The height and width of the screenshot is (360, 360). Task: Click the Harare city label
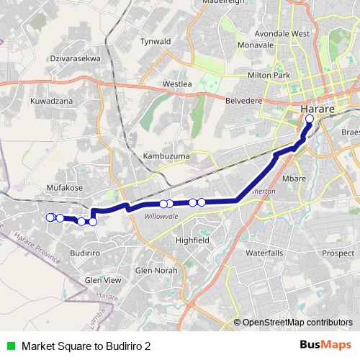coord(315,108)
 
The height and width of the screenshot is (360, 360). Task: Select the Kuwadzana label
coord(51,102)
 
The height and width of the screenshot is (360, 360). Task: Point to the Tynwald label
coord(156,42)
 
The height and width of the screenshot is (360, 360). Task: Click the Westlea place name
coord(177,84)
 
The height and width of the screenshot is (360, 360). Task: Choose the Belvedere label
coord(245,101)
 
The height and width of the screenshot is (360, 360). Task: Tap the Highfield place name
coord(192,240)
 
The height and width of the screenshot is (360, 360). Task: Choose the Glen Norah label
coord(156,271)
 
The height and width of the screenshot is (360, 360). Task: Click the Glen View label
coord(104,280)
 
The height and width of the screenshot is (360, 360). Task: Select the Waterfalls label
coord(264,253)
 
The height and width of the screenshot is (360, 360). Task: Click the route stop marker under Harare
coord(310,119)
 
